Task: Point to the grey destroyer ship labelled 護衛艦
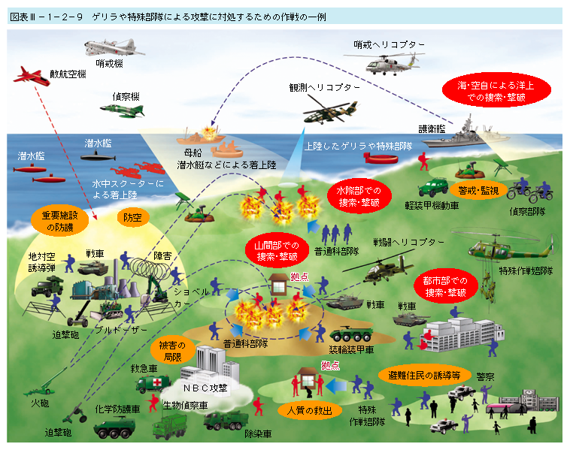pyautogui.click(x=460, y=134)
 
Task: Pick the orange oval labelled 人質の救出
pyautogui.click(x=310, y=411)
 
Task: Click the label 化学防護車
pyautogui.click(x=118, y=409)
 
